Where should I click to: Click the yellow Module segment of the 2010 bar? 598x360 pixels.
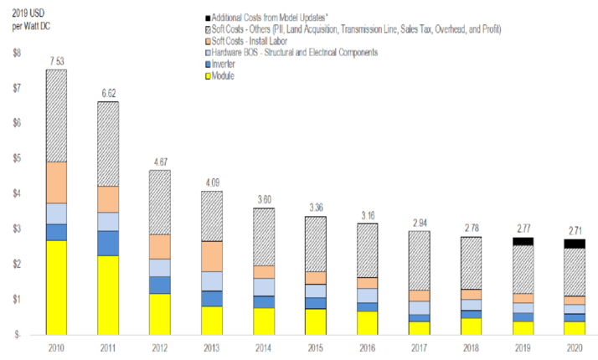pos(57,286)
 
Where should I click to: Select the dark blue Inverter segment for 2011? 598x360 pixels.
pos(108,243)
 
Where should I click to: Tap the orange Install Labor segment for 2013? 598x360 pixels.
pos(211,256)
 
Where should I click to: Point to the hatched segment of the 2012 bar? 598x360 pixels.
pos(160,202)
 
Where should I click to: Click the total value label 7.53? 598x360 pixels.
pos(57,61)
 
